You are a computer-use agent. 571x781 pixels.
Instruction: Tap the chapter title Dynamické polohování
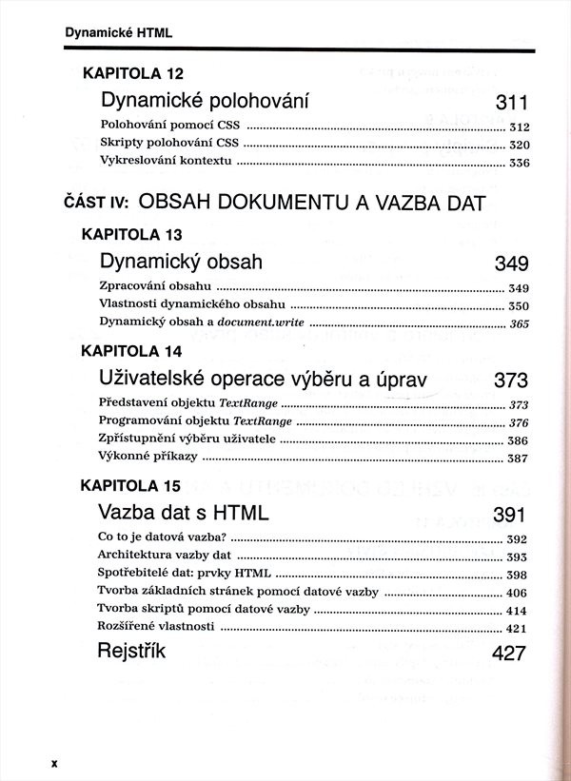pyautogui.click(x=207, y=102)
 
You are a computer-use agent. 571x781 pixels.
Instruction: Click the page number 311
pyautogui.click(x=511, y=104)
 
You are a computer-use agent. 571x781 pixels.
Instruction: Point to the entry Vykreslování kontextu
pyautogui.click(x=166, y=162)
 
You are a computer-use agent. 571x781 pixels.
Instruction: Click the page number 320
pyautogui.click(x=519, y=145)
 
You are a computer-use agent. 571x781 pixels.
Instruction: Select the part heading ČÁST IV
pyautogui.click(x=96, y=202)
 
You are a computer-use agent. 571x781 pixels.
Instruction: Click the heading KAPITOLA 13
pyautogui.click(x=133, y=234)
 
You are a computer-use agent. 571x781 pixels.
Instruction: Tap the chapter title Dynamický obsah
pyautogui.click(x=181, y=262)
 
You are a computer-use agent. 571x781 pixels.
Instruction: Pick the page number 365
pyautogui.click(x=519, y=323)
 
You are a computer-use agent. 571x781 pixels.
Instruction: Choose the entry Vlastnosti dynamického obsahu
pyautogui.click(x=191, y=305)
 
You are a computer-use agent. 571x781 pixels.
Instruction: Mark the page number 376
pyautogui.click(x=519, y=422)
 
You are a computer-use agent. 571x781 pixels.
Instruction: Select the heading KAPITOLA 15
pyautogui.click(x=132, y=485)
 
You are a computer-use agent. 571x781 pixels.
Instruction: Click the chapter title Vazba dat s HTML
pyautogui.click(x=184, y=514)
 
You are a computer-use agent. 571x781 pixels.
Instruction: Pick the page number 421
pyautogui.click(x=518, y=628)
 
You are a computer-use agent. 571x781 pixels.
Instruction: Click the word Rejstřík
pyautogui.click(x=131, y=653)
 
